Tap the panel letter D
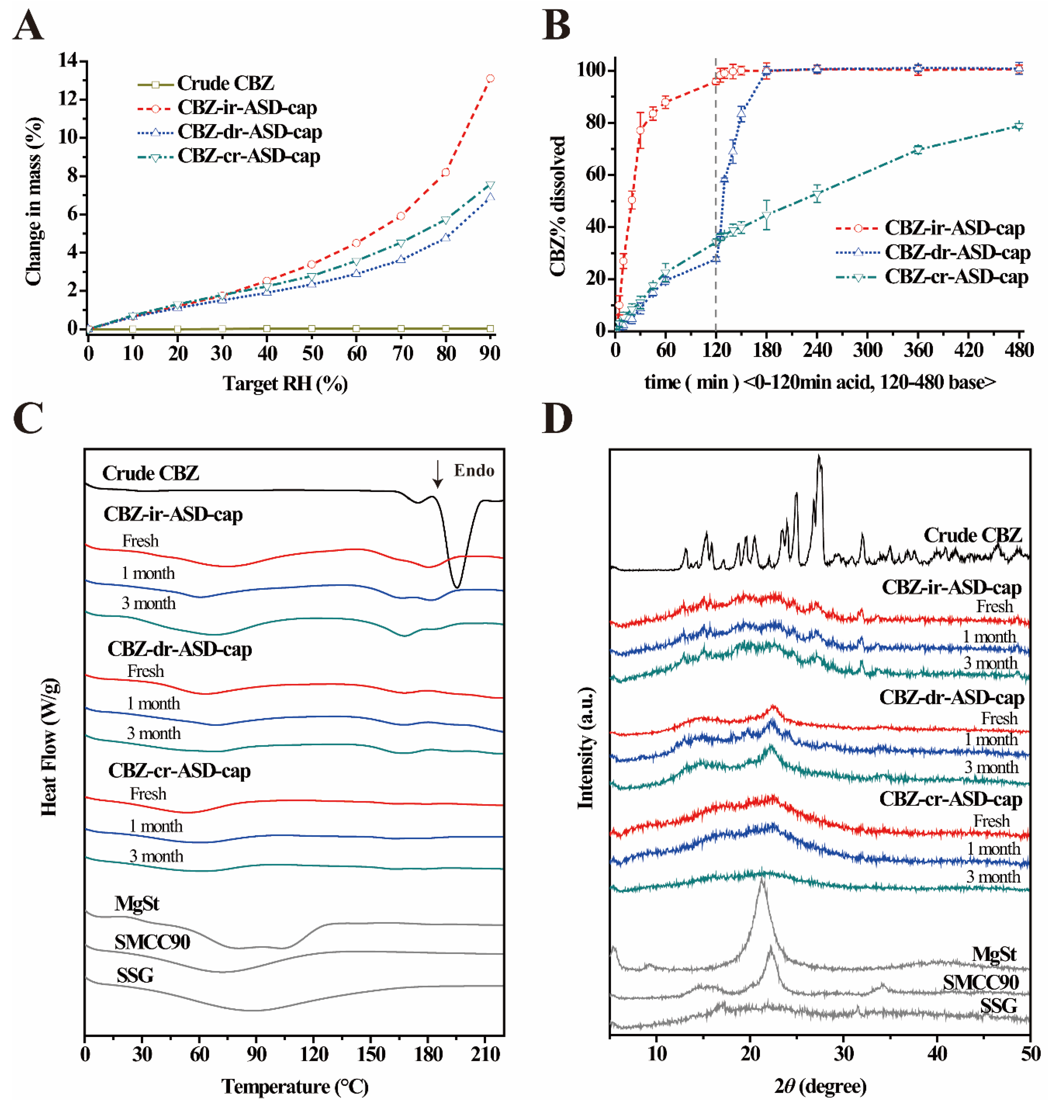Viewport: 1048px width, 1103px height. coord(557,419)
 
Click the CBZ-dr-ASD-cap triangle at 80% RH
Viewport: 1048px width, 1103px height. coord(445,237)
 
